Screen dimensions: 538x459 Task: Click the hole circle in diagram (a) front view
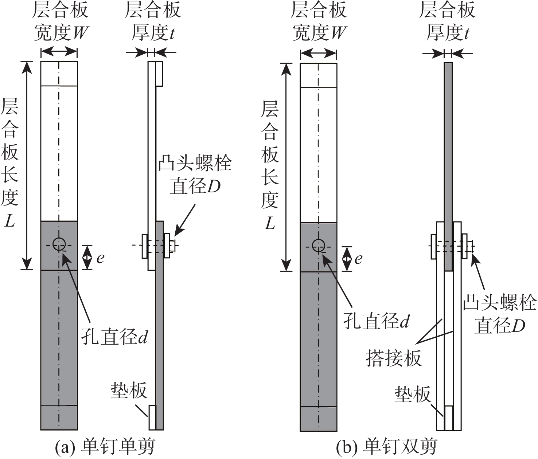tap(59, 244)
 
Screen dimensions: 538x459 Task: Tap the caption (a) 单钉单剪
tap(105, 447)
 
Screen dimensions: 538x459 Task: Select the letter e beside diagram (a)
tap(101, 258)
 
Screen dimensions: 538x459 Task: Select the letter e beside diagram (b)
tap(358, 259)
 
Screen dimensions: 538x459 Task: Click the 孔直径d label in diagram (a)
tap(114, 337)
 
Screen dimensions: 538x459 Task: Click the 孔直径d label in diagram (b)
tap(377, 321)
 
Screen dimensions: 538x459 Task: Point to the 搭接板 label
tap(394, 357)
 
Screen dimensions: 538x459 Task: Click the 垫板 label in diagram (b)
tap(413, 394)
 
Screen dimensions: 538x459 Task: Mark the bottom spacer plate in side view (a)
tap(152, 417)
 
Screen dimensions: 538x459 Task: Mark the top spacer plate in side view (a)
tap(159, 74)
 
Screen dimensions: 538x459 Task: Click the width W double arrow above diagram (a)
tap(59, 52)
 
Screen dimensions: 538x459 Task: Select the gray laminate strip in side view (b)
tap(448, 167)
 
